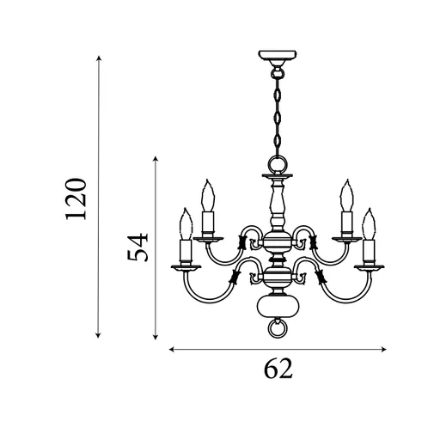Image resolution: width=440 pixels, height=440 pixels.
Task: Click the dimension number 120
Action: (76, 199)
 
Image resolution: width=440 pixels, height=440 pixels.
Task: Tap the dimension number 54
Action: (137, 247)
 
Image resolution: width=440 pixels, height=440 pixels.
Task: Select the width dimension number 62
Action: (278, 369)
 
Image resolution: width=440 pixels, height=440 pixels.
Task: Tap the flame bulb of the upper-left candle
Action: (208, 195)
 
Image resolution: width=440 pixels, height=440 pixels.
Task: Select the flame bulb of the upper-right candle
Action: (347, 195)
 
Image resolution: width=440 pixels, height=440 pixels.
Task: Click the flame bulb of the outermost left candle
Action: (186, 223)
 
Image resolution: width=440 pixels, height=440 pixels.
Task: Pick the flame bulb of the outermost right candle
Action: (369, 223)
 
